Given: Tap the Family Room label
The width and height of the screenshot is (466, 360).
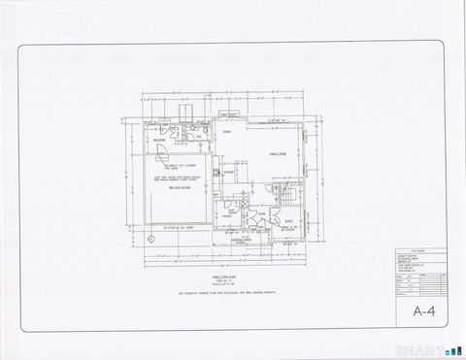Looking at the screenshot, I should point(276,152).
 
